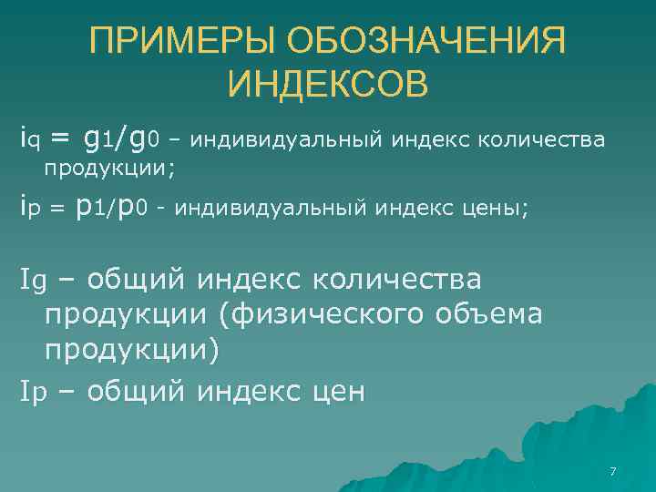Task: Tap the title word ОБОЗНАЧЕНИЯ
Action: (x=425, y=43)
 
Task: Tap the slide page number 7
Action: (x=612, y=471)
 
